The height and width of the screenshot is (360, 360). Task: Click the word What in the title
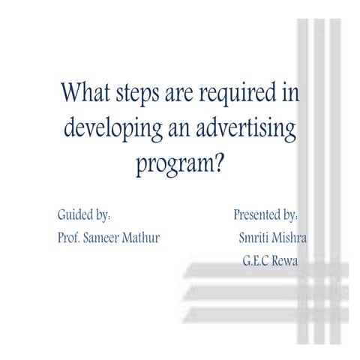[x=85, y=91]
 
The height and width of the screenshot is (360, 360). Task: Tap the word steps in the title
[x=137, y=94]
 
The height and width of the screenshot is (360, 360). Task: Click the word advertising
[x=246, y=129]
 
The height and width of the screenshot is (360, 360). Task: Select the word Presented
[x=257, y=214]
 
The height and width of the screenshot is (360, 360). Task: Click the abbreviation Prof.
[x=69, y=238]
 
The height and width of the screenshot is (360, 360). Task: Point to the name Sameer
[x=101, y=238]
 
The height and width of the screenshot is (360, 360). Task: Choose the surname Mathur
[x=141, y=238]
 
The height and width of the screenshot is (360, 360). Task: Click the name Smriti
[x=253, y=238]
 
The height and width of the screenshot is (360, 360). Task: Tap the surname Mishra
[x=289, y=238]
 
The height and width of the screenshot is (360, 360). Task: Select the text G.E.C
[x=256, y=261]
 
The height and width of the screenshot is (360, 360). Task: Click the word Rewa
[x=285, y=261]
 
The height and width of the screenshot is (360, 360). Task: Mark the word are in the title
[x=179, y=94]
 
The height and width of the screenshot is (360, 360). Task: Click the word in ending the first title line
[x=290, y=91]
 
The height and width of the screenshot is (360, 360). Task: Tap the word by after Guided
[x=102, y=215]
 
